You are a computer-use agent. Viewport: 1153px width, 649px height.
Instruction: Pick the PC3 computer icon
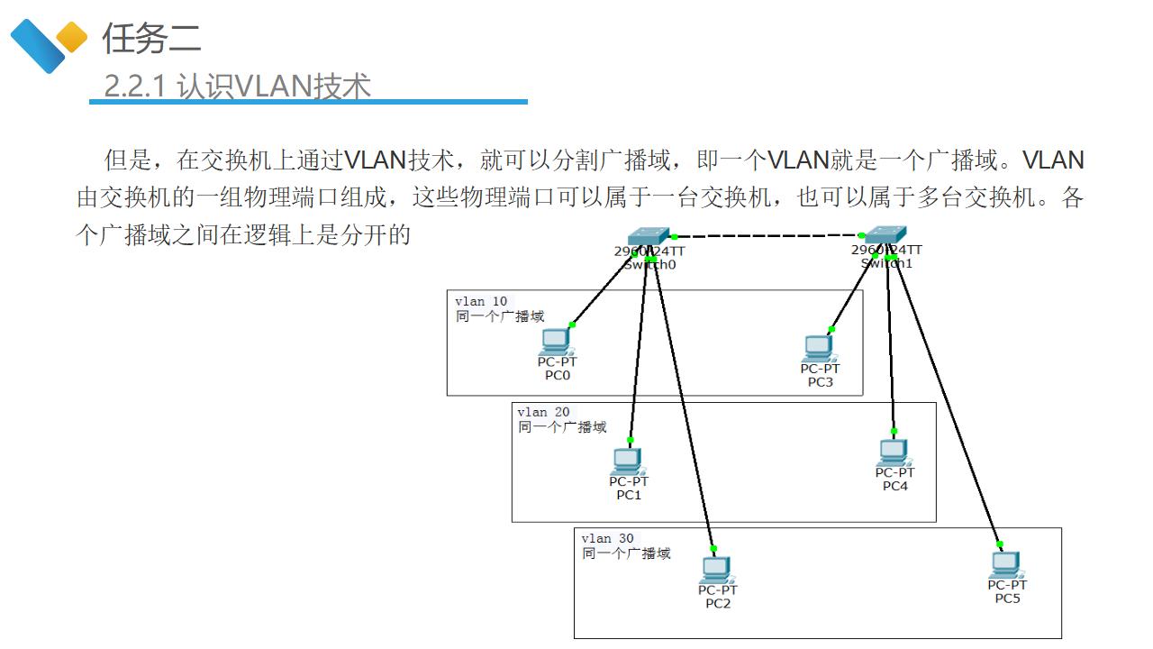pyautogui.click(x=819, y=347)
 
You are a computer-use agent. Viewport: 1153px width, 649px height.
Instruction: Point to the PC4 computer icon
pyautogui.click(x=894, y=452)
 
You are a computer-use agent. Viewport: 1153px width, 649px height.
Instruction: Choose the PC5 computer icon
pyautogui.click(x=1005, y=565)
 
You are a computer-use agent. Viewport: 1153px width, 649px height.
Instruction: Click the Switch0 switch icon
pyautogui.click(x=649, y=236)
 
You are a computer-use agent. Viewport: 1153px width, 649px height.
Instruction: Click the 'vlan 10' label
pyautogui.click(x=481, y=301)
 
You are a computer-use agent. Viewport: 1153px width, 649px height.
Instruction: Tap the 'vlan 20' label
pyautogui.click(x=543, y=412)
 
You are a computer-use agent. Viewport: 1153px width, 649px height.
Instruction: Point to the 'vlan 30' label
pyautogui.click(x=607, y=538)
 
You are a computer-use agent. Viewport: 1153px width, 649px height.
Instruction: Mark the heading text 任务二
pyautogui.click(x=151, y=38)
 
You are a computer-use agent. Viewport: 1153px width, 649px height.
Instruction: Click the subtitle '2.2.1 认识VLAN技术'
pyautogui.click(x=238, y=86)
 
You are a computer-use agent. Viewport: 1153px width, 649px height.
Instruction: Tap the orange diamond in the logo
pyautogui.click(x=71, y=37)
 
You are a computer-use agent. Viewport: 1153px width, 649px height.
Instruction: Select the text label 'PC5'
pyautogui.click(x=1007, y=598)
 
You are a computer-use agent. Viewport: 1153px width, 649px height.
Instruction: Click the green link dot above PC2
pyautogui.click(x=713, y=548)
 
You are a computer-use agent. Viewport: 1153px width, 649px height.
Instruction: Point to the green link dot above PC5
pyautogui.click(x=1000, y=544)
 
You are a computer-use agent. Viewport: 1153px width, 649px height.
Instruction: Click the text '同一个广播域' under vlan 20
pyautogui.click(x=562, y=426)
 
